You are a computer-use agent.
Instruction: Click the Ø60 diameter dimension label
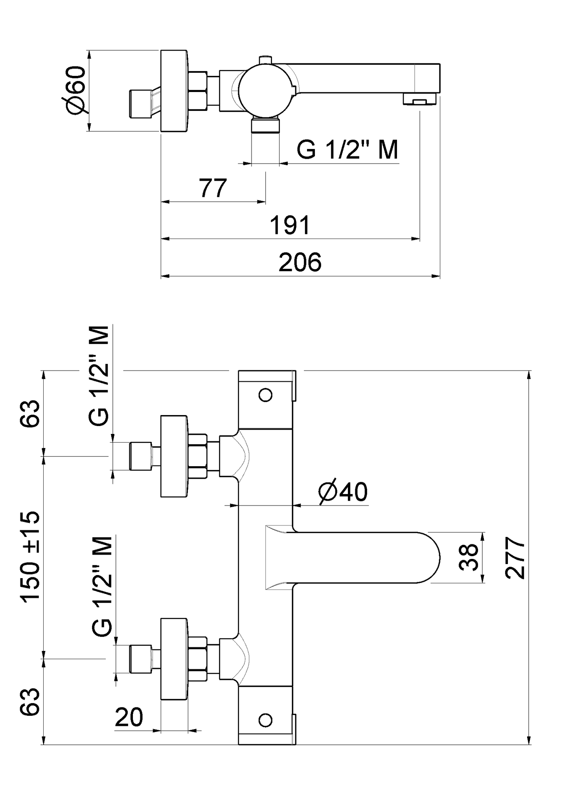[75, 90]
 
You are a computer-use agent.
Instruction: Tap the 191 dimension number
[290, 225]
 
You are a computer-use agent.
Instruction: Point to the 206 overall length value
[300, 263]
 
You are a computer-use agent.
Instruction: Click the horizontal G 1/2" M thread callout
[347, 150]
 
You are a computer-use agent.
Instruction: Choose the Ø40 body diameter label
[343, 492]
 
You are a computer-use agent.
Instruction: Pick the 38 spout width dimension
[468, 557]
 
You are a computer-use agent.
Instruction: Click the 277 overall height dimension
[515, 558]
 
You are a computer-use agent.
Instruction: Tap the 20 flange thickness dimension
[129, 717]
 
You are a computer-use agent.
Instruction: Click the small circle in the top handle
[266, 395]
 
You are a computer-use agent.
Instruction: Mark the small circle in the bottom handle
[266, 720]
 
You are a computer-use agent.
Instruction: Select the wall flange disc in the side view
[174, 90]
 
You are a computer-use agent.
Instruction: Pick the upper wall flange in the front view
[174, 456]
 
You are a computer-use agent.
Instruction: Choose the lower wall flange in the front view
[174, 659]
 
